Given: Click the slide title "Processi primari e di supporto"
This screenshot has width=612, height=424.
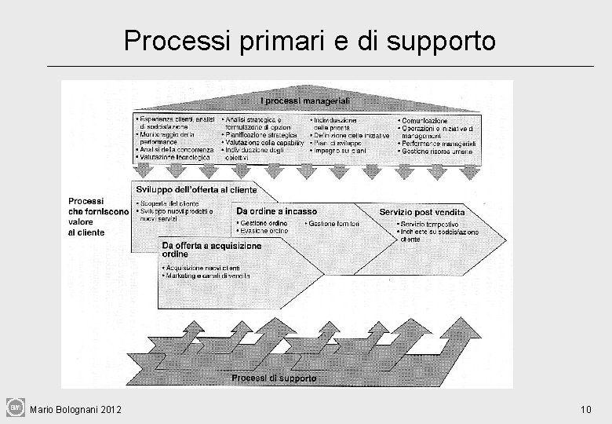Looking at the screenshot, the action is coord(309,40).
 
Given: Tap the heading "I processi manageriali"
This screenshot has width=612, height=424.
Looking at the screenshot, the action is coord(305,101).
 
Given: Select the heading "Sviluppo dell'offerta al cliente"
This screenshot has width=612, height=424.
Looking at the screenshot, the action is coord(196,190).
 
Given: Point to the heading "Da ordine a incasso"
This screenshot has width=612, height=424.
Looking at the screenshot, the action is coord(276,211).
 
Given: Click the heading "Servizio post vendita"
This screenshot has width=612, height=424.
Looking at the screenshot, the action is coord(421,212).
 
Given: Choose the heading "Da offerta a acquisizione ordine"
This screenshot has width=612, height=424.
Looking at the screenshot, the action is coord(212,250).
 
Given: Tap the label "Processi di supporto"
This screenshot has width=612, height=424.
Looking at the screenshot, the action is coord(274,378).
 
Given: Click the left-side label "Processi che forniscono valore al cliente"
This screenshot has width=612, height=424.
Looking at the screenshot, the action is coord(98,216).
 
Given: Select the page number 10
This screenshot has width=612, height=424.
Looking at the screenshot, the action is coord(585,409).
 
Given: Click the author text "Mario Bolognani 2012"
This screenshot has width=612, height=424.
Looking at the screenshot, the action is coord(75,409).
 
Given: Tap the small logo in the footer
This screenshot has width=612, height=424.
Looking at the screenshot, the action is coord(16,407).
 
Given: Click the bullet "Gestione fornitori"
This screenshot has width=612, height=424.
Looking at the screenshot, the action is coord(333,224).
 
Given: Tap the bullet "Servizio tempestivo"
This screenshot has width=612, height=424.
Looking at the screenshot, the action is coord(430,225).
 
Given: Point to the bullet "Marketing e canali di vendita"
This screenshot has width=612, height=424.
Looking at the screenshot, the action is coord(208,276).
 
